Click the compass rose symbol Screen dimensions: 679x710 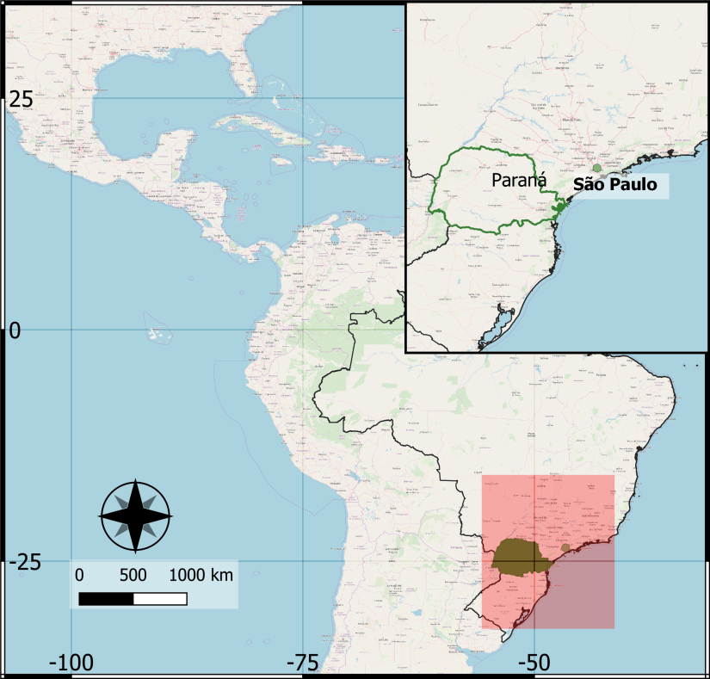136,515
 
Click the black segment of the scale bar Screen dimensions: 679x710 106,598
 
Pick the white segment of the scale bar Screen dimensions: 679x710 160,598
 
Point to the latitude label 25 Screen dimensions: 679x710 21,100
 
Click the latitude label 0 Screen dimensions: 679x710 14,330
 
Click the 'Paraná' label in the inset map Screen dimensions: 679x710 519,180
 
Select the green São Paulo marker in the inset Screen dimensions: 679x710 596,170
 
